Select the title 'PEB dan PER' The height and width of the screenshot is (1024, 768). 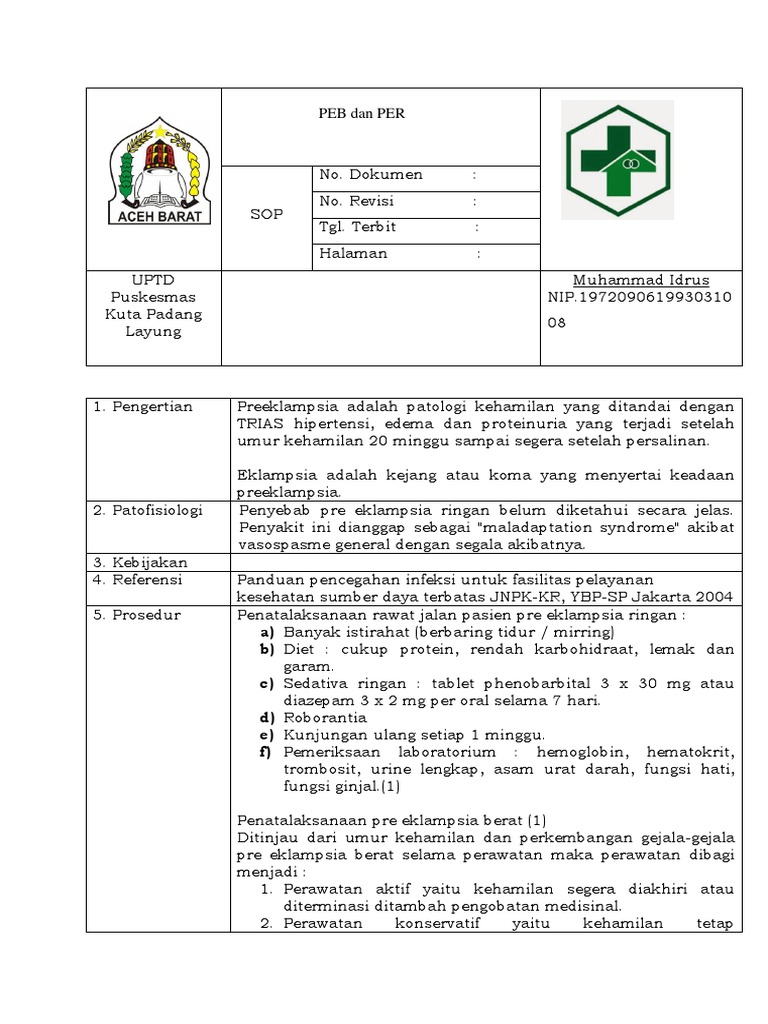click(355, 114)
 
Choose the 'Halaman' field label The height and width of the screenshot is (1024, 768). click(353, 254)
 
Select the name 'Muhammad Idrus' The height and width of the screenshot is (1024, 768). click(640, 280)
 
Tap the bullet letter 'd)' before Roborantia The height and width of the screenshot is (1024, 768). click(267, 718)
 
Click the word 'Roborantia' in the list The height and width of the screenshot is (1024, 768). click(325, 718)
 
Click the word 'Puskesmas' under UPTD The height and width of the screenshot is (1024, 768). click(153, 297)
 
